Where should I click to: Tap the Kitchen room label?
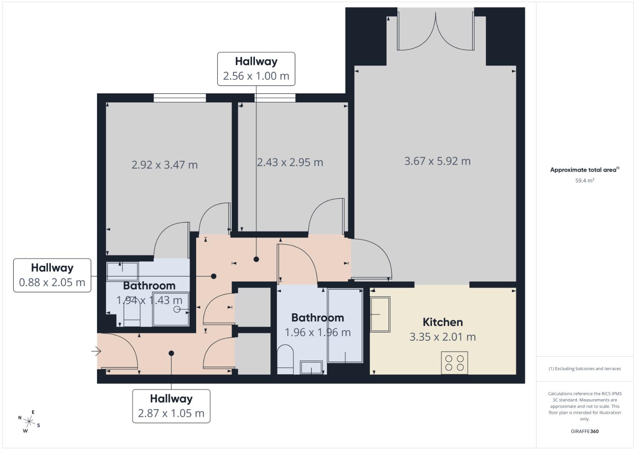(x=442, y=322)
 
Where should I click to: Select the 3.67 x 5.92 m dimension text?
(x=437, y=161)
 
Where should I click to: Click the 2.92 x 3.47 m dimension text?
(x=165, y=165)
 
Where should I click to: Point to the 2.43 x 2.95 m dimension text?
(x=290, y=162)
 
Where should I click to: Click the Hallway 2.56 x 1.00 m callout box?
(x=256, y=69)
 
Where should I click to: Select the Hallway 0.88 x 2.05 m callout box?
(x=52, y=275)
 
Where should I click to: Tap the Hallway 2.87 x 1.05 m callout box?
(x=171, y=406)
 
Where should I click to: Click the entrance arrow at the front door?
(x=96, y=352)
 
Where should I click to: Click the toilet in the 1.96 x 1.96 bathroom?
(x=285, y=359)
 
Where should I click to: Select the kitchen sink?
(x=380, y=315)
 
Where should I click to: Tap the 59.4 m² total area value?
(x=584, y=181)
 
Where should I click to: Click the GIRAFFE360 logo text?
(x=584, y=431)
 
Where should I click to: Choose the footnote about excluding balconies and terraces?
(x=584, y=369)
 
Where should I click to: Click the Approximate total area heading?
(x=584, y=170)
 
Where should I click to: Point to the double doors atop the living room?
(x=436, y=31)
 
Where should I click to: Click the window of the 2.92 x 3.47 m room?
(x=180, y=98)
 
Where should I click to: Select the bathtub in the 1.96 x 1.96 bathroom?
(x=345, y=325)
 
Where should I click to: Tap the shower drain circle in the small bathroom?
(x=177, y=309)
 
